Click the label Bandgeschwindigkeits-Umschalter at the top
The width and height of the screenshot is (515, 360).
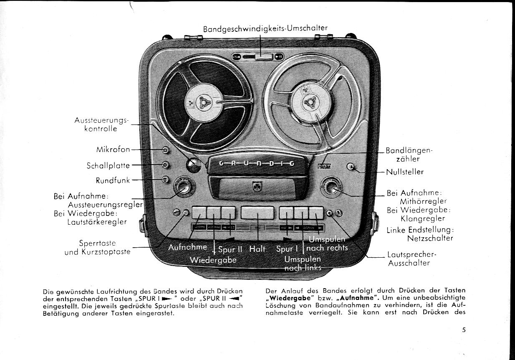click(265, 28)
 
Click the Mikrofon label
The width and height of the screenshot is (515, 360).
click(113, 150)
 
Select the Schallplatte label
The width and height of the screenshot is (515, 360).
click(109, 165)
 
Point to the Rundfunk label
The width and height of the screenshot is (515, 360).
click(113, 180)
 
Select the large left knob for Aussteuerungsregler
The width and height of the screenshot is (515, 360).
click(182, 187)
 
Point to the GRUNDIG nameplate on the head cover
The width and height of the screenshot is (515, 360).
click(257, 163)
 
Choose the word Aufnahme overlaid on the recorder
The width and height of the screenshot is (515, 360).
click(187, 247)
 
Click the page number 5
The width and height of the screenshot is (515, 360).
click(464, 330)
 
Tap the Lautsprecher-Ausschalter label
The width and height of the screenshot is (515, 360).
click(408, 259)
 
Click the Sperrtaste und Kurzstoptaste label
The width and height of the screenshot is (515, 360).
click(97, 247)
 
